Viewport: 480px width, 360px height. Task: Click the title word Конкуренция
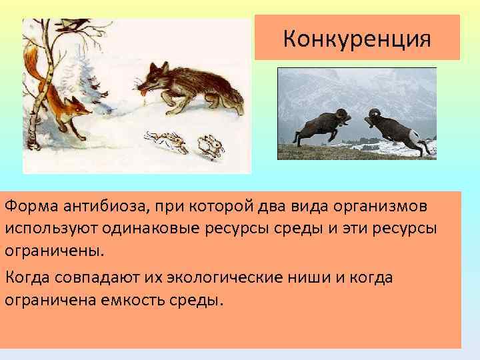coord(357,38)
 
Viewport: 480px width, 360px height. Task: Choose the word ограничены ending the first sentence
coord(55,253)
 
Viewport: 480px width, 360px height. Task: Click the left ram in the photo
coord(321,127)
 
